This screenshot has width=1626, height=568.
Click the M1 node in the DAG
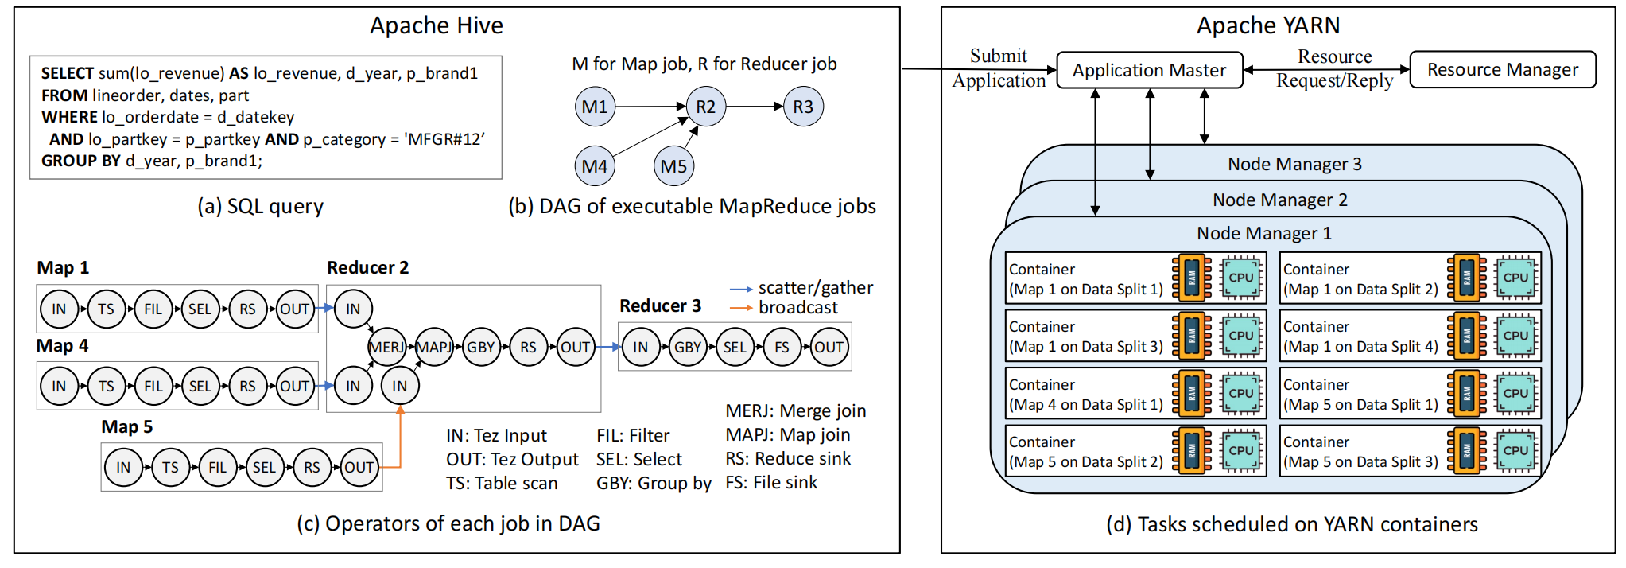tap(595, 107)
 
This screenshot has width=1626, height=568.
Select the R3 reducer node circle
tap(803, 107)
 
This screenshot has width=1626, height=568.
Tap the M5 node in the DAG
tap(673, 166)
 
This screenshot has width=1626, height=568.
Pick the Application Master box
tap(1149, 70)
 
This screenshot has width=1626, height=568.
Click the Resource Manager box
tap(1502, 70)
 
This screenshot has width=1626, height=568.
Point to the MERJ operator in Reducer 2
tap(387, 347)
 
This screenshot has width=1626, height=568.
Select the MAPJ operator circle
tap(434, 347)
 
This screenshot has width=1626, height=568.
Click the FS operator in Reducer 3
tap(782, 347)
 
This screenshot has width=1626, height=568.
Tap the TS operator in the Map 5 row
tap(170, 467)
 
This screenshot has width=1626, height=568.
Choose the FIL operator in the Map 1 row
tap(153, 309)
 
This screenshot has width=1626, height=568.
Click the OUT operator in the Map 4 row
tap(294, 386)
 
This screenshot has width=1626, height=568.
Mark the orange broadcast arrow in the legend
tap(741, 308)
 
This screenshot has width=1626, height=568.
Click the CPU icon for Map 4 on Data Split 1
tap(1240, 393)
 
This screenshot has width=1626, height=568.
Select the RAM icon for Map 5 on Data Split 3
tap(1467, 450)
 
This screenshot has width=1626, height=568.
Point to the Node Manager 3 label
tap(1294, 165)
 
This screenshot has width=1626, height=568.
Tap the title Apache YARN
tap(1268, 25)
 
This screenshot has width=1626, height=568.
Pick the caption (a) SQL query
tap(260, 207)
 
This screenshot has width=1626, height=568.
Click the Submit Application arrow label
tap(999, 68)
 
